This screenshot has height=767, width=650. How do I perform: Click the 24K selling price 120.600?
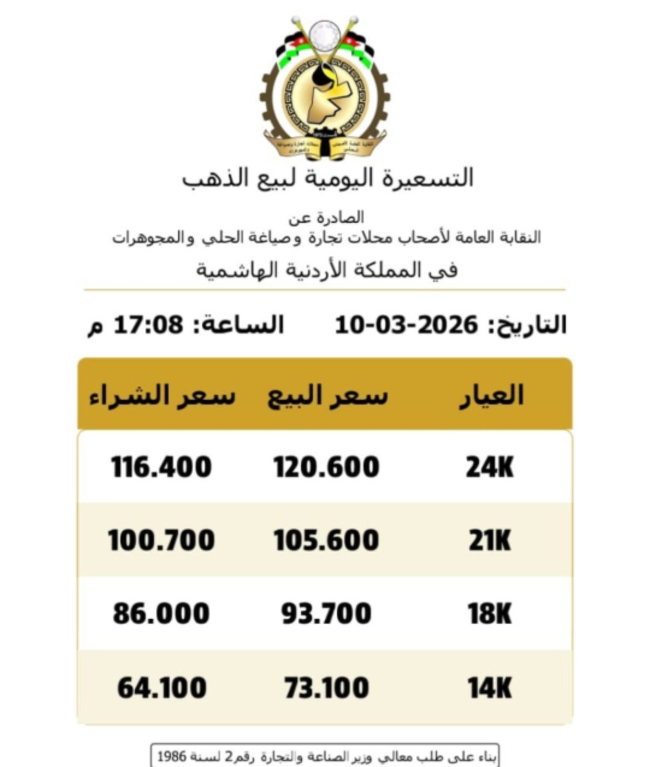point(327,467)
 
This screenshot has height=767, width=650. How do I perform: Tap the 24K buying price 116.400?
point(161,467)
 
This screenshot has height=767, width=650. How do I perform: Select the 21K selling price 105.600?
point(327,540)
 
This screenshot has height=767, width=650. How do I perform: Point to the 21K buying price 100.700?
point(161,540)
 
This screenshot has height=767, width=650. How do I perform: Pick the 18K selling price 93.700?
point(327,613)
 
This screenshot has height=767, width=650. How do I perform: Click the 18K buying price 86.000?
point(161,613)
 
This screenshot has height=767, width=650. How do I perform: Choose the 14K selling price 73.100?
point(327,688)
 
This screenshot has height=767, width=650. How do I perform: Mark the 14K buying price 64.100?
point(161,688)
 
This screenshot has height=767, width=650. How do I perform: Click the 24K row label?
point(490,467)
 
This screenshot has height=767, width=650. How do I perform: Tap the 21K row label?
point(490,540)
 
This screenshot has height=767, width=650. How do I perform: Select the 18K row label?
point(490,613)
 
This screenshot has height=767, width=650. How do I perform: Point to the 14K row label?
point(490,688)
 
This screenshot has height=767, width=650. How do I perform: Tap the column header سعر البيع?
point(328,396)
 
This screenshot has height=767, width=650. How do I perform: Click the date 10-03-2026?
point(406,325)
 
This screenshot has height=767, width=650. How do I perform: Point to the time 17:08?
point(148,325)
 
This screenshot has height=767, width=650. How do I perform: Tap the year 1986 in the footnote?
point(171,756)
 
